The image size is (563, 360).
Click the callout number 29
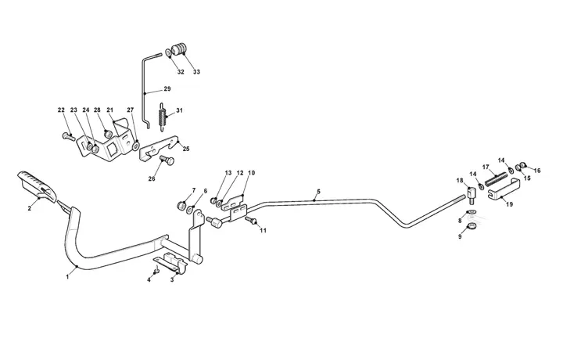click(x=167, y=88)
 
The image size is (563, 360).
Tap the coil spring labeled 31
click(x=163, y=115)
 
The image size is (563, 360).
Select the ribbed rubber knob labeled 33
click(x=179, y=49)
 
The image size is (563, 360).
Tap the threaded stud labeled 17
click(x=497, y=179)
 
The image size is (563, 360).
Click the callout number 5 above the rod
click(x=318, y=192)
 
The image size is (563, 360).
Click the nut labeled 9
click(x=472, y=227)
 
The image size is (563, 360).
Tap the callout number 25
click(x=186, y=149)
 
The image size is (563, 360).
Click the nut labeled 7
click(x=181, y=206)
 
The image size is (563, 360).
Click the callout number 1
click(x=67, y=276)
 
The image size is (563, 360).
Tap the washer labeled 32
click(x=168, y=52)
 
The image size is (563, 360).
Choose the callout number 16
click(x=536, y=171)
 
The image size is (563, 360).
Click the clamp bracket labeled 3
click(x=172, y=263)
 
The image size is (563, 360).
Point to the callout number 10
click(x=251, y=173)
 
